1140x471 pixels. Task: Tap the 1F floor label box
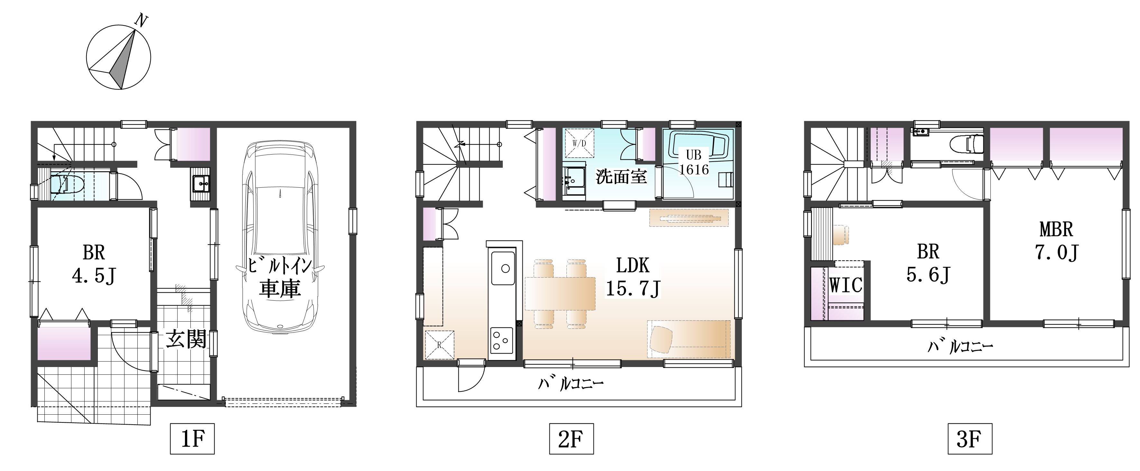pyautogui.click(x=192, y=439)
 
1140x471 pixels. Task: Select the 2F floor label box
pyautogui.click(x=571, y=439)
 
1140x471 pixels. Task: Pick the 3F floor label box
pyautogui.click(x=970, y=439)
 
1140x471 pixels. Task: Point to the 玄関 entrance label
pyautogui.click(x=186, y=340)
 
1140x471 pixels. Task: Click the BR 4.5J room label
pyautogui.click(x=94, y=265)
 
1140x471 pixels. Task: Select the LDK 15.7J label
pyautogui.click(x=633, y=278)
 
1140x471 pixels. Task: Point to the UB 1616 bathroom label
pyautogui.click(x=694, y=163)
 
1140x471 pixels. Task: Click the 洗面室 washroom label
pyautogui.click(x=621, y=177)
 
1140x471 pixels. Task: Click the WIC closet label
pyautogui.click(x=846, y=285)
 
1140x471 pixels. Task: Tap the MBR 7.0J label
pyautogui.click(x=1056, y=241)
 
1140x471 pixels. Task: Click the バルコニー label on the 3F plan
pyautogui.click(x=960, y=346)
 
